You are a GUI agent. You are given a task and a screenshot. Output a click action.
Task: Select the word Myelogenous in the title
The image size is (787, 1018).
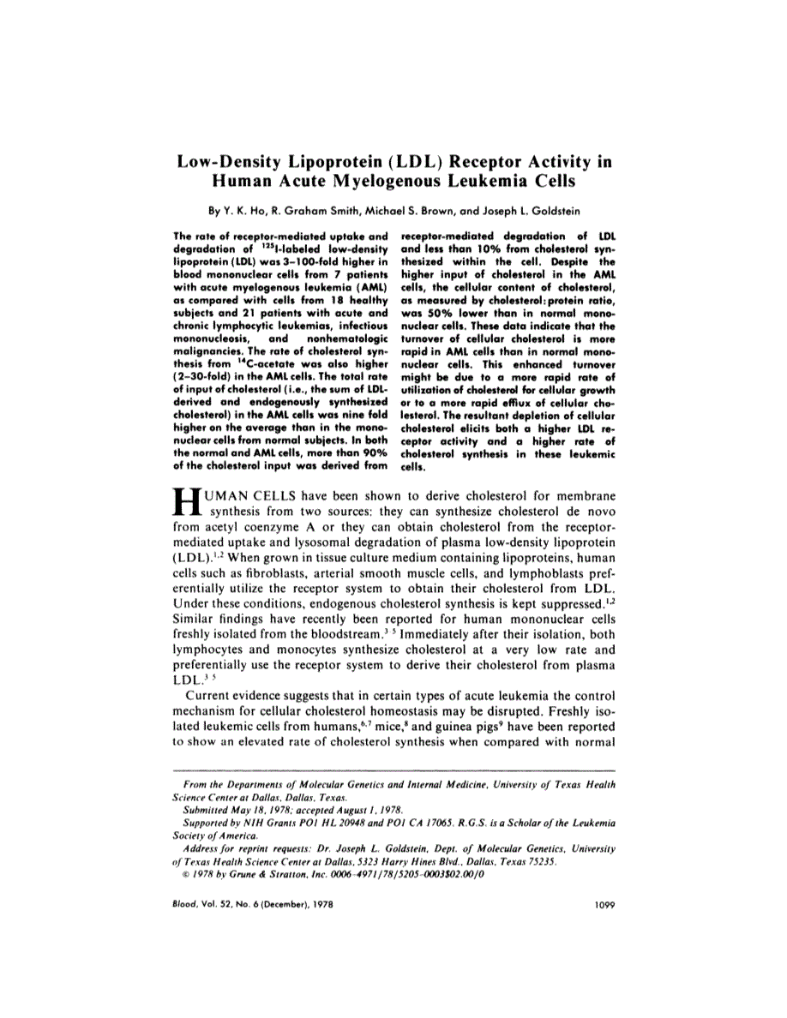[x=381, y=182]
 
